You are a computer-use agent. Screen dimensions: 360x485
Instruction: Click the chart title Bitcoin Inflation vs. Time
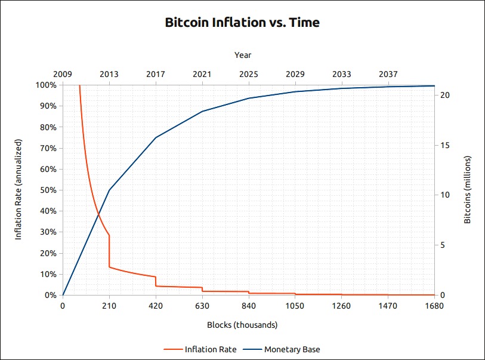242,23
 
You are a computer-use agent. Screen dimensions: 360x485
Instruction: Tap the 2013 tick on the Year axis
109,74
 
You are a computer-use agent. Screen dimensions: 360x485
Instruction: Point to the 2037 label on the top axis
388,74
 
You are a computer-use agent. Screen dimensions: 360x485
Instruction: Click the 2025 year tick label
249,74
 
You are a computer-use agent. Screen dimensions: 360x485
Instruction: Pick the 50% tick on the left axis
48,190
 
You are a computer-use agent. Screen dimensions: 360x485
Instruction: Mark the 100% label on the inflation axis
46,85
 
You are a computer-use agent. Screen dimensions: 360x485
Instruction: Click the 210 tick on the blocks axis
109,306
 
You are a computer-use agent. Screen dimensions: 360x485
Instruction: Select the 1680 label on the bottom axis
434,306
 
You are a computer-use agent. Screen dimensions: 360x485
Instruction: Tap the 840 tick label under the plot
249,306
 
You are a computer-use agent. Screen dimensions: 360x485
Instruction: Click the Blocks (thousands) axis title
242,325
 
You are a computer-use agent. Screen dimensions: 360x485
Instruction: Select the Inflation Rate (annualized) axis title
18,190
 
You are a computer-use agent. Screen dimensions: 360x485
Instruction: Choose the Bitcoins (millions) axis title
468,190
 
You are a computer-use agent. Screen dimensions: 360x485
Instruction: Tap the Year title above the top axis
243,55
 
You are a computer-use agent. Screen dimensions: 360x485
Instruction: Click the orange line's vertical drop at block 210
109,251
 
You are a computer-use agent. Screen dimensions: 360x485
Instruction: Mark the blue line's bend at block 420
156,137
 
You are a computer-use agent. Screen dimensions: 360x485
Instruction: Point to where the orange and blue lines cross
98,214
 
